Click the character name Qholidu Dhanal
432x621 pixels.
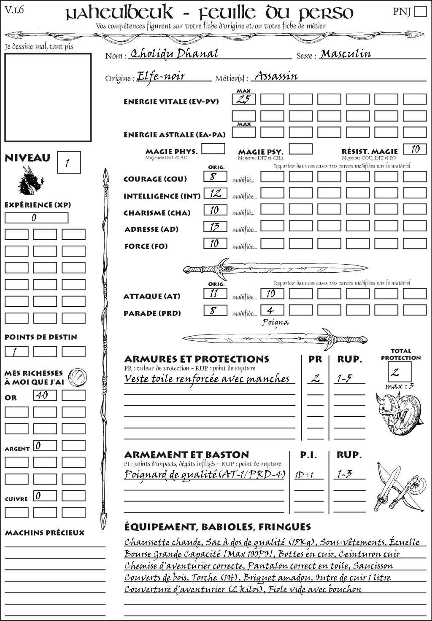[x=174, y=54]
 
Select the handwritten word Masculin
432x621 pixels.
[x=346, y=54]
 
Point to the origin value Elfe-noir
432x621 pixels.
[x=161, y=76]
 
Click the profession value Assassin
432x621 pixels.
[x=276, y=76]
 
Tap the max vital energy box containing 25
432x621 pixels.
[x=244, y=99]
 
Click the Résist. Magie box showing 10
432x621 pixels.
[x=415, y=149]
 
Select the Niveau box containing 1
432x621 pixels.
[x=68, y=163]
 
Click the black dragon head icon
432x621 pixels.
[x=31, y=181]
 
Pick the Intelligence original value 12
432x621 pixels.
[x=215, y=193]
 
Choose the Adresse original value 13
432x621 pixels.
[x=215, y=227]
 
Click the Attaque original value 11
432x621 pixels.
[x=215, y=294]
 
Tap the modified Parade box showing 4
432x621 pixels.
[x=272, y=310]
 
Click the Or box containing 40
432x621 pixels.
[x=45, y=395]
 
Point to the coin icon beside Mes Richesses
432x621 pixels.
[x=78, y=376]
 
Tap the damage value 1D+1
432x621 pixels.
[x=305, y=475]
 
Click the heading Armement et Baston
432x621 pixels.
[x=186, y=455]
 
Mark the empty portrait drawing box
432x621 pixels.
[x=48, y=97]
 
